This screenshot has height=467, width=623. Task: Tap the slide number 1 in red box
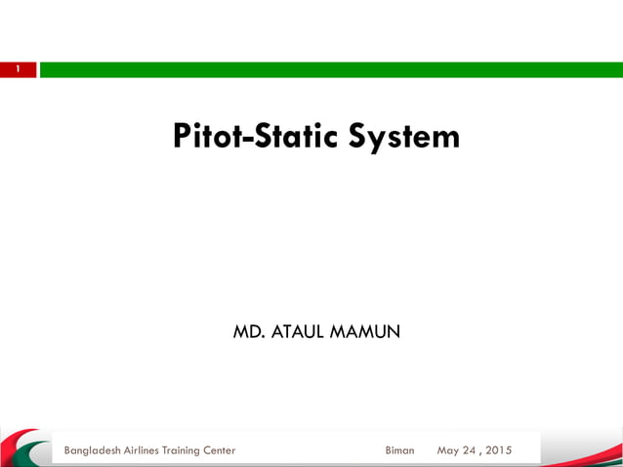[x=18, y=69]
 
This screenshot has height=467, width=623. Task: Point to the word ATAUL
[x=296, y=333]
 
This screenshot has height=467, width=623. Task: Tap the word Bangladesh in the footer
[x=96, y=450]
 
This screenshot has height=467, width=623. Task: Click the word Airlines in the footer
[x=154, y=450]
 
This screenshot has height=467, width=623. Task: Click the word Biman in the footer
[x=399, y=450]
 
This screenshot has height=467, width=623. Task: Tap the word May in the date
[x=449, y=450]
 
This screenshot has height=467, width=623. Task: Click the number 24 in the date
[x=473, y=450]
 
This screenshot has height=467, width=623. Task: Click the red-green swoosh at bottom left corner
[x=24, y=447]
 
